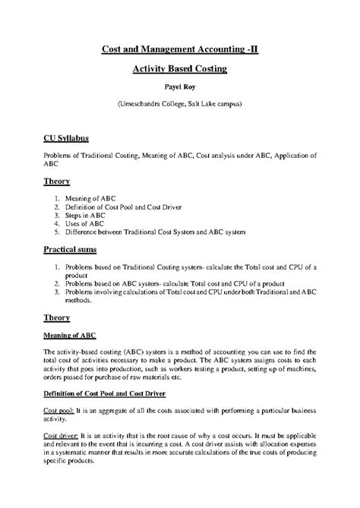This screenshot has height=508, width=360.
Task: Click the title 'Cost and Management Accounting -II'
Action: point(179,50)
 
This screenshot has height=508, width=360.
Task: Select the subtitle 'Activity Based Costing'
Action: point(179,69)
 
